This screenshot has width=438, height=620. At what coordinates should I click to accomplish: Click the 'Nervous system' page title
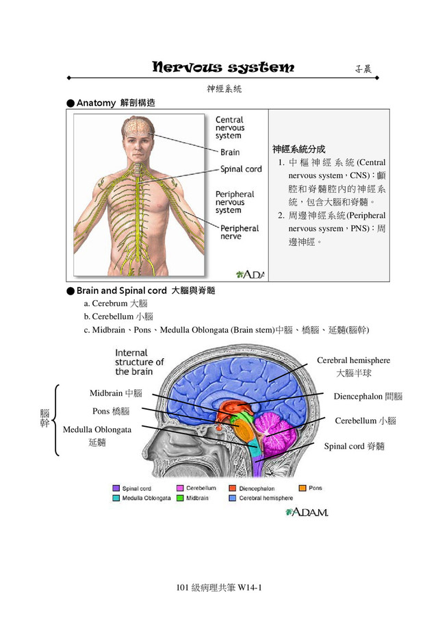pyautogui.click(x=223, y=68)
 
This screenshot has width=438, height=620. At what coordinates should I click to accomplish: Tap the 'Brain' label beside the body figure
pyautogui.click(x=230, y=152)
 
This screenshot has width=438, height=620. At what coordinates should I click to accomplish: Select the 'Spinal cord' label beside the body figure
pyautogui.click(x=241, y=169)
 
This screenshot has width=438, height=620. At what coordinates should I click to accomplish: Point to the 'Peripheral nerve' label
pyautogui.click(x=239, y=232)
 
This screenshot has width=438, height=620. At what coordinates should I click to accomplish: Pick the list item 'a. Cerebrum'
pyautogui.click(x=115, y=303)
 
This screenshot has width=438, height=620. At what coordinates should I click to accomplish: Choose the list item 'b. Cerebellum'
pyautogui.click(x=118, y=316)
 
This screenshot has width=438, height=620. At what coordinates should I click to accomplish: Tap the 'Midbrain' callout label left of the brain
pyautogui.click(x=116, y=393)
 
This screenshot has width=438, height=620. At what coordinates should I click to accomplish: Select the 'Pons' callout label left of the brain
pyautogui.click(x=110, y=411)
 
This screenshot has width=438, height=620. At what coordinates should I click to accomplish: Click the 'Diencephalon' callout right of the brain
pyautogui.click(x=368, y=397)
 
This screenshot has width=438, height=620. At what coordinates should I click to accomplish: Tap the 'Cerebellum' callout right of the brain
pyautogui.click(x=365, y=421)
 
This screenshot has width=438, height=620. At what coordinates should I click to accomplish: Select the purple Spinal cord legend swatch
pyautogui.click(x=116, y=488)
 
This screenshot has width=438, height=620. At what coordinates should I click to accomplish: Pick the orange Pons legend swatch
pyautogui.click(x=300, y=488)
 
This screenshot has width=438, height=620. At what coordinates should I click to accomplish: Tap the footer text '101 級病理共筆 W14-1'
pyautogui.click(x=219, y=588)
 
